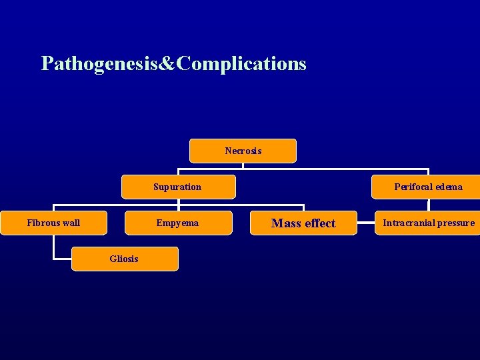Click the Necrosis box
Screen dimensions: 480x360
click(243, 151)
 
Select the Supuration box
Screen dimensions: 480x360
click(177, 187)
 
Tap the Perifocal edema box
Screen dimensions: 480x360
click(427, 187)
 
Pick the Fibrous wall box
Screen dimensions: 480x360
click(53, 223)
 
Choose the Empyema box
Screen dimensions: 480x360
click(177, 223)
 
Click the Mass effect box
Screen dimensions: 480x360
click(303, 223)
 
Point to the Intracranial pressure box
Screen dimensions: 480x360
click(428, 223)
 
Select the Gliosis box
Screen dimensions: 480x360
click(125, 259)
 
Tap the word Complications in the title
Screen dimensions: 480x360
click(243, 64)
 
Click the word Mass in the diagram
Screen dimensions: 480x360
click(285, 223)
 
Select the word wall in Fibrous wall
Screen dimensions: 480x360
click(70, 223)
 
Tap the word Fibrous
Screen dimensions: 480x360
click(43, 223)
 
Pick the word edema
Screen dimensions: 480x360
click(448, 187)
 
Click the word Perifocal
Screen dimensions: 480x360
click(413, 187)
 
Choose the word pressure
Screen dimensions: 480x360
click(457, 223)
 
